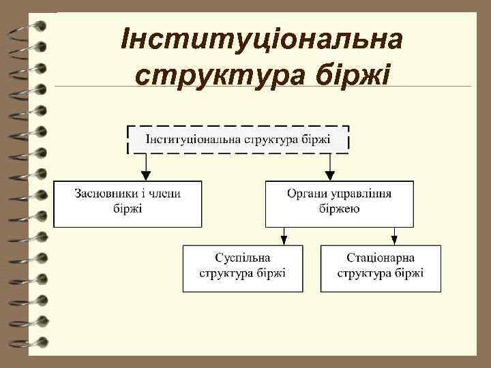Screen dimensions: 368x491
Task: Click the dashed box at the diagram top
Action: click(x=238, y=140)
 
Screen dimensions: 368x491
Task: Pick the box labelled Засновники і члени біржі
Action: click(x=128, y=203)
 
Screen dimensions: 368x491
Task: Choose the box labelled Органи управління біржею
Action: click(x=339, y=203)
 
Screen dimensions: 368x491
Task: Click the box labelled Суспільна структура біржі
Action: click(x=242, y=268)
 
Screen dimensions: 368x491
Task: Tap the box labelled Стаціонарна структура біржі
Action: click(x=381, y=268)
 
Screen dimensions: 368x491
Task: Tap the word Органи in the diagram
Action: click(x=303, y=194)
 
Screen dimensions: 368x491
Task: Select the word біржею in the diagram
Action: click(x=339, y=209)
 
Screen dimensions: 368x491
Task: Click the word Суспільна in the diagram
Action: click(x=242, y=258)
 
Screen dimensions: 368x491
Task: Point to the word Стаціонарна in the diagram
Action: click(x=381, y=258)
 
